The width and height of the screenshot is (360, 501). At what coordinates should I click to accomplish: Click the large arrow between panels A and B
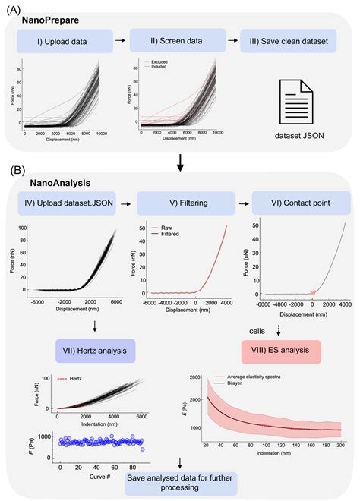[180, 162]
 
